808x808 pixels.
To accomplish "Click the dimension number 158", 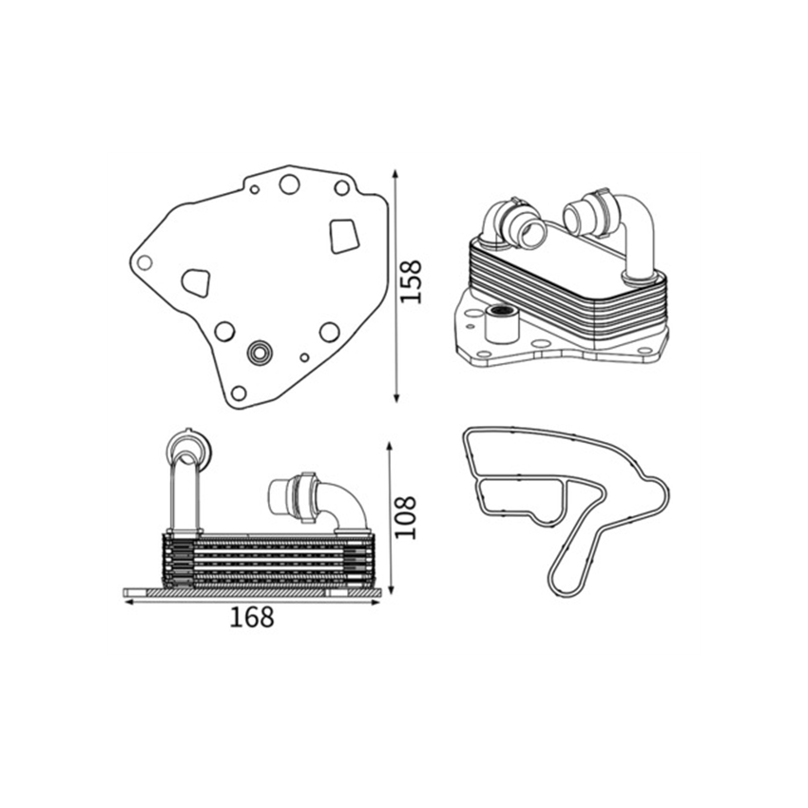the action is pos(411,282).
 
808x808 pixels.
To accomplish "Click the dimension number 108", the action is pos(405,517).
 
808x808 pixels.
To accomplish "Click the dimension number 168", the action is pos(252,617).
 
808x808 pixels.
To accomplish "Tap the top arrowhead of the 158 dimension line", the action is pos(395,174).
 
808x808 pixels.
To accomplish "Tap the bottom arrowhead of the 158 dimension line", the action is pos(396,397).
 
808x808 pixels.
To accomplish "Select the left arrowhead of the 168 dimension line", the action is pos(129,602).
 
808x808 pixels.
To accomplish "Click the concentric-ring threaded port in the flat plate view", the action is pos(260,353).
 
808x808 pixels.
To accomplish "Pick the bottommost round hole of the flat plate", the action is pos(239,394).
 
